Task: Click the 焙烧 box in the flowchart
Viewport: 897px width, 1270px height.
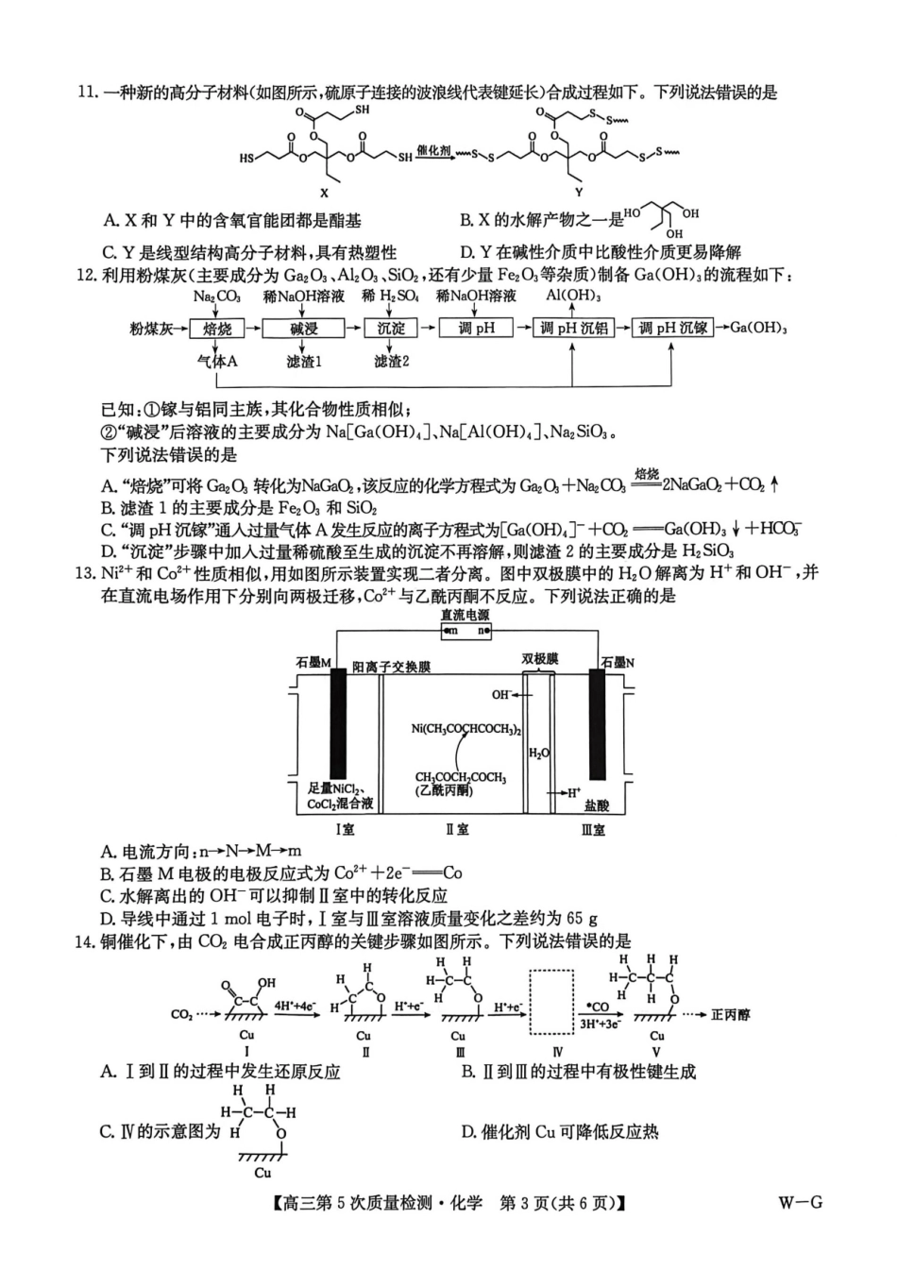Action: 217,329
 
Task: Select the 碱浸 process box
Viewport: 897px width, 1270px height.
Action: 304,329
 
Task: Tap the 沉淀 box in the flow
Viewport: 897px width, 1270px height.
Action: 391,329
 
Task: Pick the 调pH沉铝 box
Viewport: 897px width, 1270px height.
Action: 574,329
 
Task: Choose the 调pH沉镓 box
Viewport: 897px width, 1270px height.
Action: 672,329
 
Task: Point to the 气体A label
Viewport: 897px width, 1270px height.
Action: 217,362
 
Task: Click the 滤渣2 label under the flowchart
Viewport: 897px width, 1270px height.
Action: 391,362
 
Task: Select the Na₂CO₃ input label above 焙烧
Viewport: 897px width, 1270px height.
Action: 216,296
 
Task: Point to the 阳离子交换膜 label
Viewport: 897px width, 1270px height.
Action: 391,666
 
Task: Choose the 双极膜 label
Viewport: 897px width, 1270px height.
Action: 539,658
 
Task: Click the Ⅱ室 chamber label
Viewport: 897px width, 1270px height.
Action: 457,829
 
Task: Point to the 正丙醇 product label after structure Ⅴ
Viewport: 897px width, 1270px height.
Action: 730,1014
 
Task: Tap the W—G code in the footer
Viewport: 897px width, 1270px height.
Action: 800,1202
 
